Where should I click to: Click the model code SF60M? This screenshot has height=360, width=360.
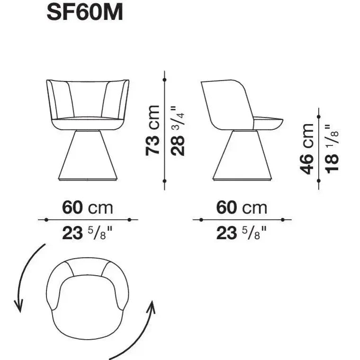pyautogui.click(x=85, y=13)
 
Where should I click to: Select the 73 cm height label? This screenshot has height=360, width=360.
pyautogui.click(x=153, y=130)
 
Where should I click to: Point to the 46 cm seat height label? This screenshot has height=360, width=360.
pyautogui.click(x=307, y=149)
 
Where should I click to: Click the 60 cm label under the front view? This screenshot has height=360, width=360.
pyautogui.click(x=88, y=207)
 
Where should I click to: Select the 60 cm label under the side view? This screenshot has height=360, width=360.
pyautogui.click(x=242, y=207)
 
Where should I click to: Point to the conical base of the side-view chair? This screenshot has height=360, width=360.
pyautogui.click(x=241, y=156)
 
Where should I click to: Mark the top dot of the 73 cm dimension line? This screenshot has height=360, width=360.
pyautogui.click(x=164, y=79)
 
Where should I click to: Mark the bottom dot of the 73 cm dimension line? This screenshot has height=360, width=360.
pyautogui.click(x=164, y=181)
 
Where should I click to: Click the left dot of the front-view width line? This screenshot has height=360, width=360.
pyautogui.click(x=46, y=220)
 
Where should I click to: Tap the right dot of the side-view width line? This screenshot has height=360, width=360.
pyautogui.click(x=283, y=220)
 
